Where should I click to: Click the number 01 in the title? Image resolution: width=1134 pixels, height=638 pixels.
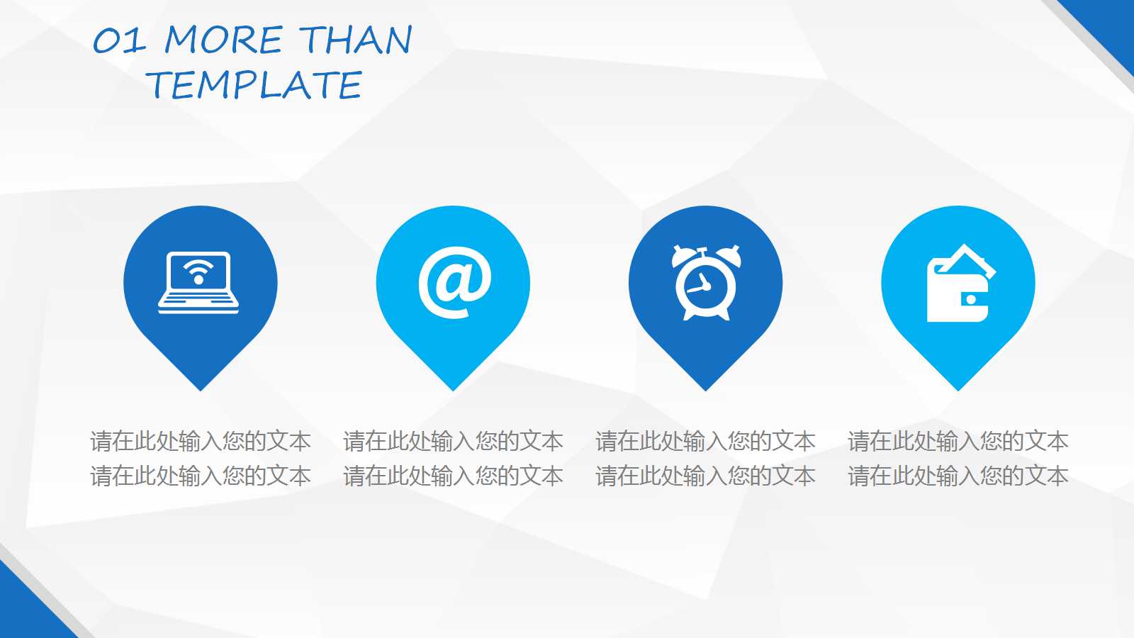(119, 41)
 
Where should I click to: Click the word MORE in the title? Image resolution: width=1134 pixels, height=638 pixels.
(223, 40)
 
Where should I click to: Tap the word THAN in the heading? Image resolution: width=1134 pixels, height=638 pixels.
(355, 40)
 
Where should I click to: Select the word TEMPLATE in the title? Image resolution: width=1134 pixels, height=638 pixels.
(255, 85)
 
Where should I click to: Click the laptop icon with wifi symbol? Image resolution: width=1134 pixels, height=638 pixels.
(198, 282)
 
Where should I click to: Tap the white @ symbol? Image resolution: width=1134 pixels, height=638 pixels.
(454, 282)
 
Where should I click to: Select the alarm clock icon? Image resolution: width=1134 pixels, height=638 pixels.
(705, 282)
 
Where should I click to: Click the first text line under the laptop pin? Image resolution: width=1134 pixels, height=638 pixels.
(201, 442)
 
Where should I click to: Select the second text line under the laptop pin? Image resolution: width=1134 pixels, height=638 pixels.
(201, 476)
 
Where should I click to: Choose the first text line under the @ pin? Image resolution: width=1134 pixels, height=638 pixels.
(454, 442)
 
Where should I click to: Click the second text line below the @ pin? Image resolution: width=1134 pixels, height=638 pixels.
(454, 476)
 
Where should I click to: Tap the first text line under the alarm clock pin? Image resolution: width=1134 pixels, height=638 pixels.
(706, 442)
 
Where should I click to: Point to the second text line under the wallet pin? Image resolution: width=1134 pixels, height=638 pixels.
(958, 476)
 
